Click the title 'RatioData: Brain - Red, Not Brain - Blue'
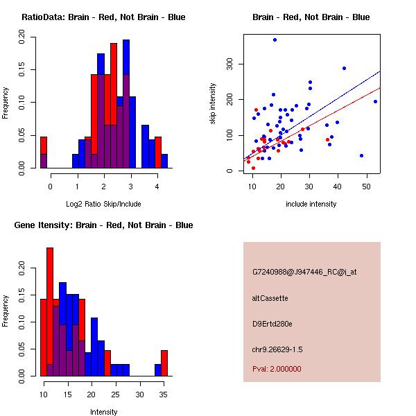pos(103,17)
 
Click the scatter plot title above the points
pos(311,17)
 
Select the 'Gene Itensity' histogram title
pos(103,225)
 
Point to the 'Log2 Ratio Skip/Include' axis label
pos(103,204)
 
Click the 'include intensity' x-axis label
pos(311,204)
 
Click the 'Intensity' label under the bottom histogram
pos(103,412)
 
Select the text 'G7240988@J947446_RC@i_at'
pos(304,272)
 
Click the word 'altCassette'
pos(270,298)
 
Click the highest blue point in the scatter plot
pos(275,40)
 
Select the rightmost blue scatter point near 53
pos(375,101)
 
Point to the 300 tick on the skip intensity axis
pos(235,64)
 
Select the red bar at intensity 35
pos(164,363)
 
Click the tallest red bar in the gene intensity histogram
pos(50,312)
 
